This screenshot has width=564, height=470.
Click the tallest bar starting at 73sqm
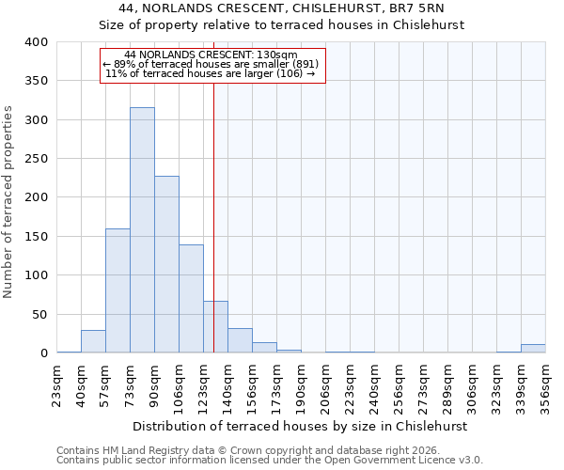[x=142, y=230]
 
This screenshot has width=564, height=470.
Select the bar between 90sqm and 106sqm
[x=166, y=264]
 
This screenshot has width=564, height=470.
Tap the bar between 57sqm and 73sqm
[x=117, y=290]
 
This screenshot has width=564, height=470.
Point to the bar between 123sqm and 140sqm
[x=215, y=327]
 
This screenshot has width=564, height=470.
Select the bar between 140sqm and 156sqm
[x=240, y=340]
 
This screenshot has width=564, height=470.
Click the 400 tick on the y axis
[x=37, y=42]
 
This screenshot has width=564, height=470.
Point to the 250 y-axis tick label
[x=37, y=159]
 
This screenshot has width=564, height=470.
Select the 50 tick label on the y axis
[x=40, y=314]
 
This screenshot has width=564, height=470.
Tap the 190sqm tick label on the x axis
[x=301, y=386]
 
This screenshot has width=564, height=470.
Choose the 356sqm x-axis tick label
[x=545, y=386]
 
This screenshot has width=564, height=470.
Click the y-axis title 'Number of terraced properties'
[x=8, y=201]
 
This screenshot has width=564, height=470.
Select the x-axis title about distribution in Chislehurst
[x=300, y=426]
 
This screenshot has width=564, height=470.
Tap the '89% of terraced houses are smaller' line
[x=211, y=64]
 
